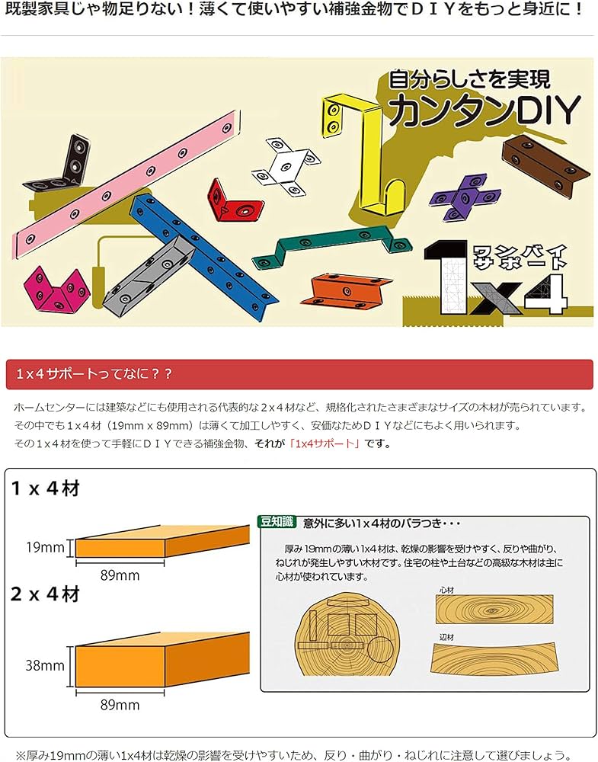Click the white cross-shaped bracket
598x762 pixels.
pyautogui.click(x=286, y=168)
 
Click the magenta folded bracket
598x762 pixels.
pyautogui.click(x=57, y=290)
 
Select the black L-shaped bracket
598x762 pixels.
pyautogui.click(x=61, y=167)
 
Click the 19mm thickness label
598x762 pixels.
pyautogui.click(x=45, y=548)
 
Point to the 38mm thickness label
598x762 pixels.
pyautogui.click(x=45, y=665)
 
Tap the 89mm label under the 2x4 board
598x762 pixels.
pyautogui.click(x=120, y=705)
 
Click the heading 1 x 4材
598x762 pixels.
pyautogui.click(x=45, y=488)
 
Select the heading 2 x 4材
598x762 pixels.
pyautogui.click(x=45, y=594)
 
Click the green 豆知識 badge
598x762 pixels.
pyautogui.click(x=277, y=521)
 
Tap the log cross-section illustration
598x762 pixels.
pyautogui.click(x=347, y=636)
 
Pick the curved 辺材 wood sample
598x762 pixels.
pyautogui.click(x=492, y=658)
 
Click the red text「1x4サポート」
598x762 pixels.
pyautogui.click(x=325, y=443)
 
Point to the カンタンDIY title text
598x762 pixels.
pyautogui.click(x=484, y=110)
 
